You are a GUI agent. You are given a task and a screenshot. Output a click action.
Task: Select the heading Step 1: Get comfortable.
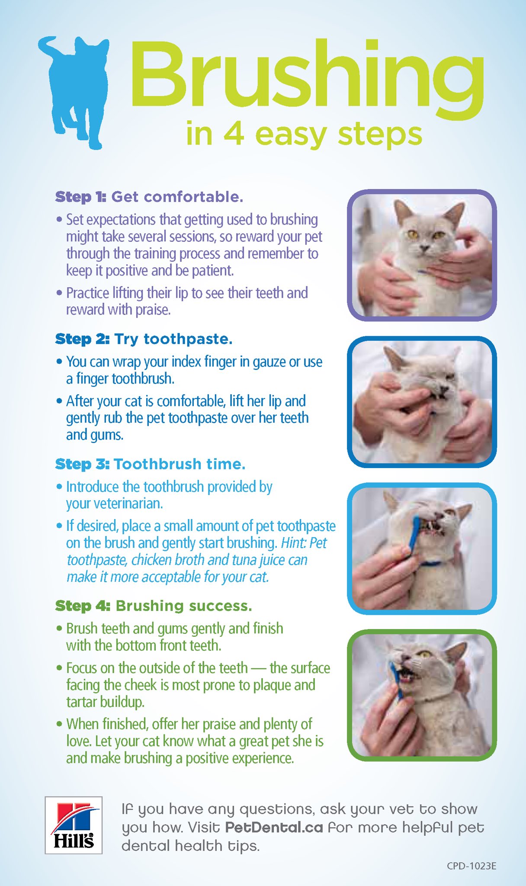[149, 197]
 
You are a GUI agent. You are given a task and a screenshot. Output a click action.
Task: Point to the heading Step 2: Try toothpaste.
[144, 339]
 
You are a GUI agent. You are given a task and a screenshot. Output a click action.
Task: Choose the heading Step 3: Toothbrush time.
[150, 464]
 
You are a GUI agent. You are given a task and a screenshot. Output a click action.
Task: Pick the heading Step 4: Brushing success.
[154, 606]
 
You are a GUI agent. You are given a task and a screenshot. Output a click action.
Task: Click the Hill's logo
[74, 825]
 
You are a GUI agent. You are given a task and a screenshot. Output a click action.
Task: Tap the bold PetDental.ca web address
[274, 827]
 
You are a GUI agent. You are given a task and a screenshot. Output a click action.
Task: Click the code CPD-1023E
[471, 866]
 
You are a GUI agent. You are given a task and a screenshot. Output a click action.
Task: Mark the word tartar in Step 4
[82, 702]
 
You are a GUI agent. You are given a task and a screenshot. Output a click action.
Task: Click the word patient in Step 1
[212, 271]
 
